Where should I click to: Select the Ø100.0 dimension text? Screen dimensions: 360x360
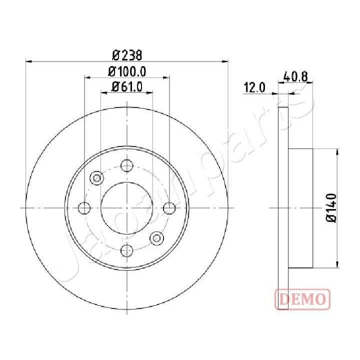[x=127, y=71]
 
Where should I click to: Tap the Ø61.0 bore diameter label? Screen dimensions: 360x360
[x=127, y=86]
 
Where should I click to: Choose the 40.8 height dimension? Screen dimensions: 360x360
[x=295, y=77]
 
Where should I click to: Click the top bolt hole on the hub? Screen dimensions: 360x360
[x=127, y=165]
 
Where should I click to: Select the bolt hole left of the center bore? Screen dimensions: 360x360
[x=85, y=208]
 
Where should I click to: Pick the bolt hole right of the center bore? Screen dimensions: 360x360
[x=170, y=208]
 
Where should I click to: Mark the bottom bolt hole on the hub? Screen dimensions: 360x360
[x=127, y=250]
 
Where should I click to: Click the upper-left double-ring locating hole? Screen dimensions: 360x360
[x=97, y=177]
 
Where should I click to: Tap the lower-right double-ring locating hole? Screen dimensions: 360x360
[x=157, y=238]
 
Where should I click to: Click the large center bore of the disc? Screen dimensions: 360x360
[x=127, y=208]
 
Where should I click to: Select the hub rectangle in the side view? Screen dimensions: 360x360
[x=301, y=207]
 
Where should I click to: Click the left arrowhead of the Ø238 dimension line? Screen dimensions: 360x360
[x=28, y=62]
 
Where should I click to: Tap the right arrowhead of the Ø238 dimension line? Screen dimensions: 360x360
[x=226, y=62]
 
